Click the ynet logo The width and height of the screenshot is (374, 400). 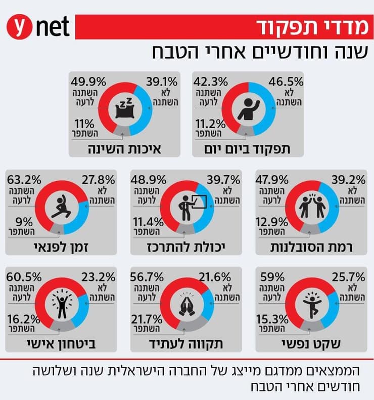pyautogui.click(x=38, y=27)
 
